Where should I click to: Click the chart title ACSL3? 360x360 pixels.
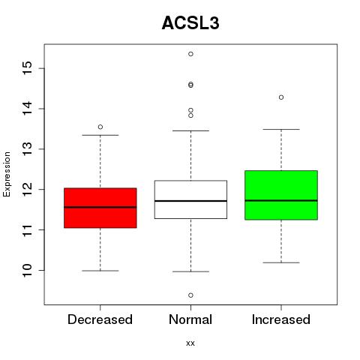point(190,23)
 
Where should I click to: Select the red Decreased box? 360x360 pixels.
point(100,208)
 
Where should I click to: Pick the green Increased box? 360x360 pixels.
point(281,195)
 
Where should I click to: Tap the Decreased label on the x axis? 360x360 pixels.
point(100,319)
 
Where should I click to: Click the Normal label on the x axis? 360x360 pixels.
point(190,319)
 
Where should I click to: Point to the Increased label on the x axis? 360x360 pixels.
point(281,319)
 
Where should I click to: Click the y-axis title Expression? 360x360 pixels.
point(7,174)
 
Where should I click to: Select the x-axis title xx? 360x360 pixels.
point(190,343)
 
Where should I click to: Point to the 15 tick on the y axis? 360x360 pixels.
point(28,68)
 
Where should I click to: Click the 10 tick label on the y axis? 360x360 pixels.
point(28,270)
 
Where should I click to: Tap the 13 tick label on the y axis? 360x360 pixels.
point(28,149)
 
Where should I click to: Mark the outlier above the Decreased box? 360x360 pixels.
point(100,127)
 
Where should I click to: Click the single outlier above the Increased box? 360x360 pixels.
point(281,97)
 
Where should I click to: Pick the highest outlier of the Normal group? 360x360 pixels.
point(190,54)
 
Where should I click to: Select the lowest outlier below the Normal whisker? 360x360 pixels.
point(190,295)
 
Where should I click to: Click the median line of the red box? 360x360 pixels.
point(100,207)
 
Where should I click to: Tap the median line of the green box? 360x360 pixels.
point(281,200)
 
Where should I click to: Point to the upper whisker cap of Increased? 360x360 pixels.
point(281,129)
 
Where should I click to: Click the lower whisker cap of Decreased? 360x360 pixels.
point(100,271)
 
